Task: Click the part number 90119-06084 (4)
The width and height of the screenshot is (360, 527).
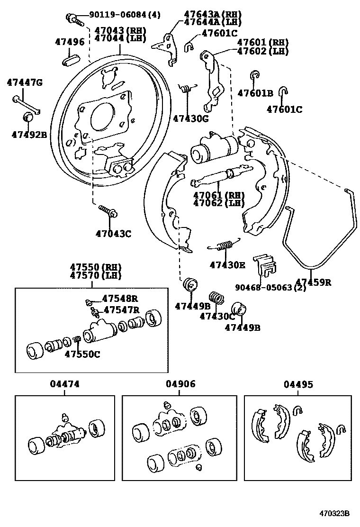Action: pos(125,15)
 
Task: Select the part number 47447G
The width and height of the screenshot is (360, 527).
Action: pos(25,83)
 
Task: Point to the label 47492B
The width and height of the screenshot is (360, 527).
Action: pos(29,134)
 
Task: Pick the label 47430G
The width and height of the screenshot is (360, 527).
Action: pos(190,118)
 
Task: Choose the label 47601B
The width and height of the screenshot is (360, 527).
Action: pos(255,93)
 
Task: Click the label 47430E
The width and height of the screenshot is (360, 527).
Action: pos(227,265)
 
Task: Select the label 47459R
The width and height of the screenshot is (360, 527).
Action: pos(313,282)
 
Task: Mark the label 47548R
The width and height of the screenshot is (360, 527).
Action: pos(120,299)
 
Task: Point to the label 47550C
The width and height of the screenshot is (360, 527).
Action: pos(82,354)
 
